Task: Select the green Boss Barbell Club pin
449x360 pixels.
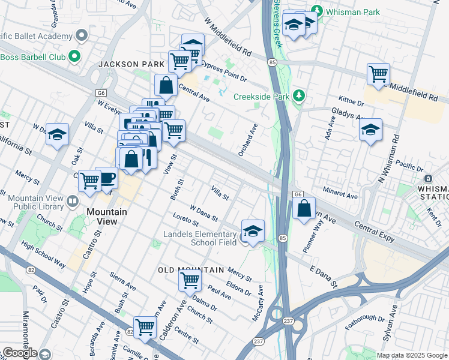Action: pos(74,58)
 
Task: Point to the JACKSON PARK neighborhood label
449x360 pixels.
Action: pos(122,64)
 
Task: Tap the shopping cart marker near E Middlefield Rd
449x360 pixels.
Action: pos(378,74)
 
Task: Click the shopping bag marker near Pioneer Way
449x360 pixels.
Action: pos(304,209)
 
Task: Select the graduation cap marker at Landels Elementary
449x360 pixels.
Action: pos(253,231)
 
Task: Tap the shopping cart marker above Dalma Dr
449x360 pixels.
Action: pos(190,279)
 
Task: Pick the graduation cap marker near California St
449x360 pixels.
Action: pos(58,134)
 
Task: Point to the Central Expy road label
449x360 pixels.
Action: pos(375,232)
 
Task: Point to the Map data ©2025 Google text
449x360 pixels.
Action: pos(411,355)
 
